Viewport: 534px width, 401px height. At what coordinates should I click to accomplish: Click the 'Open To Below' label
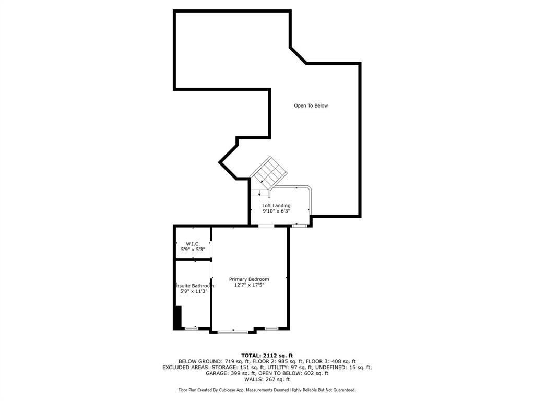point(311,105)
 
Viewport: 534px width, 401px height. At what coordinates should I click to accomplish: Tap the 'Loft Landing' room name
point(276,206)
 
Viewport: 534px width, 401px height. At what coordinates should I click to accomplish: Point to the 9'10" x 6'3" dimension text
point(276,212)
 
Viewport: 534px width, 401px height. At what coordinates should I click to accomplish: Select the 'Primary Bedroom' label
point(249,279)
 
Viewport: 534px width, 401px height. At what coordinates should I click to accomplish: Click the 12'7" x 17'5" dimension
point(249,285)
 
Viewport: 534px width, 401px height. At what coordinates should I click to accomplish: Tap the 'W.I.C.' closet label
point(193,244)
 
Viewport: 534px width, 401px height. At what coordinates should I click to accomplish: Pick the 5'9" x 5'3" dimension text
point(193,250)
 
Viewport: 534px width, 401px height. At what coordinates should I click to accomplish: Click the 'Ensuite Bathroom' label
point(194,286)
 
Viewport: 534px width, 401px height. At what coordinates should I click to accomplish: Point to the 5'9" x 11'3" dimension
point(193,291)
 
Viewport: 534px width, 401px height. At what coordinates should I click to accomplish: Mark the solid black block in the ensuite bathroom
point(177,317)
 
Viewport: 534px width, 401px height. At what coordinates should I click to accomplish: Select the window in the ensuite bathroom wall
point(191,328)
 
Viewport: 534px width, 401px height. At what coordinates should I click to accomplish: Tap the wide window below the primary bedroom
point(233,332)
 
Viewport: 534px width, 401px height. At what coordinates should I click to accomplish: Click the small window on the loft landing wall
point(299,226)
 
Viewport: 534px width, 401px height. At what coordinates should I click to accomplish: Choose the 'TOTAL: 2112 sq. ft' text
point(267,355)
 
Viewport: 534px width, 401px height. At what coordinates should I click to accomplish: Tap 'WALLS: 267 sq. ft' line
point(267,380)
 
